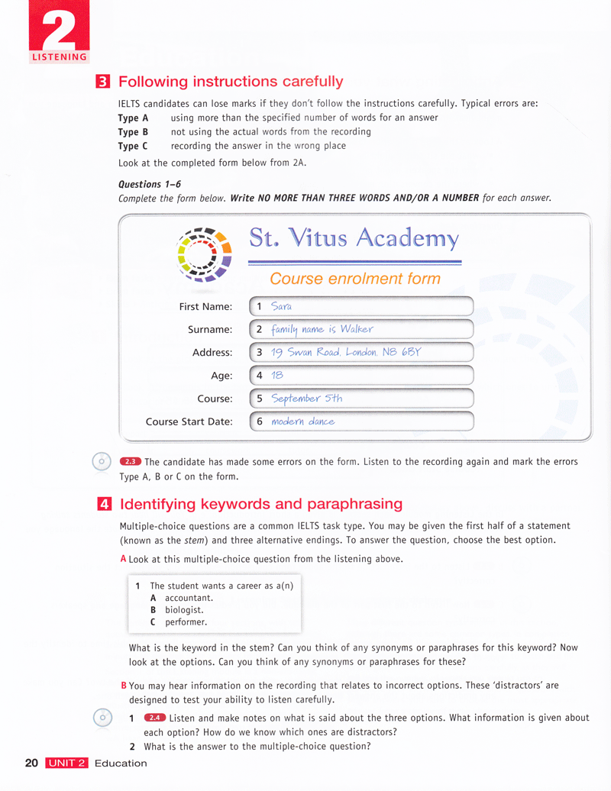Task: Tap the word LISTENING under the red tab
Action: point(59,56)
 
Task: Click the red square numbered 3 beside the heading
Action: point(101,82)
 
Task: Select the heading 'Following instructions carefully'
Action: point(231,82)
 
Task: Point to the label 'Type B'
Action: point(133,131)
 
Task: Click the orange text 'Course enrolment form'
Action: point(354,279)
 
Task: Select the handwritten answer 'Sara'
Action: point(282,306)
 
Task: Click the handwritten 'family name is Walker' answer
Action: point(322,329)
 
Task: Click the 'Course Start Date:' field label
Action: point(189,421)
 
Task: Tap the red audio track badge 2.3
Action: point(131,461)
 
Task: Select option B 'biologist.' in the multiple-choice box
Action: point(183,610)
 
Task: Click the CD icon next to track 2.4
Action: point(102,718)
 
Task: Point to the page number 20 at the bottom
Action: point(31,763)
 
